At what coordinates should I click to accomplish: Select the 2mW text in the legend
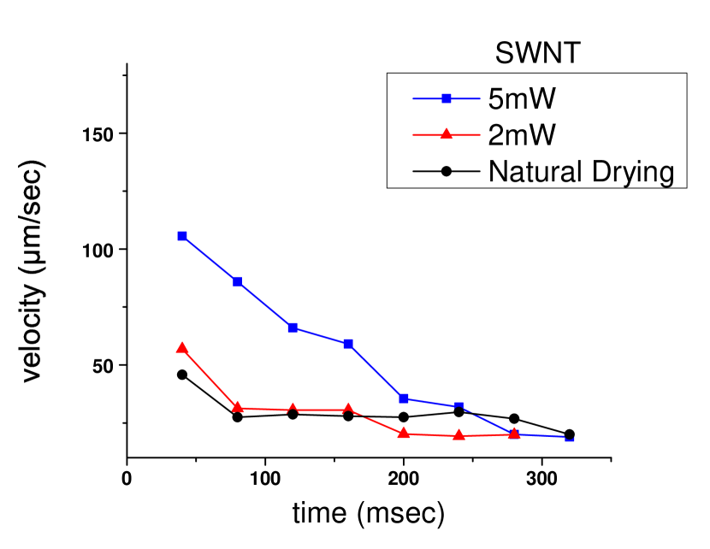(x=522, y=135)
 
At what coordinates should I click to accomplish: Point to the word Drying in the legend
(x=631, y=172)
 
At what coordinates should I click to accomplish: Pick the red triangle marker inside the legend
(x=446, y=134)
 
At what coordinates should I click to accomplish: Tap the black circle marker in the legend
(x=446, y=171)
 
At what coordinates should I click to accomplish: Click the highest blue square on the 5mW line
(x=182, y=236)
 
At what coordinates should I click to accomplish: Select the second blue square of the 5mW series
(x=237, y=281)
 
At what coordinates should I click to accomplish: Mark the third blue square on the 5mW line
(x=293, y=328)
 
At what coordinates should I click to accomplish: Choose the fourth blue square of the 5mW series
(x=348, y=343)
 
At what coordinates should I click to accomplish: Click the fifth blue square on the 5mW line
(x=403, y=398)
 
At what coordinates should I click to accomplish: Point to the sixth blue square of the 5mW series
(x=459, y=406)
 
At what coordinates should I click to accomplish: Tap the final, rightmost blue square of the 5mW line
(x=570, y=439)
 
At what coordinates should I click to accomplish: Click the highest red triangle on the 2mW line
(x=181, y=347)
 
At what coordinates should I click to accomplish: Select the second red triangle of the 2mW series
(x=237, y=407)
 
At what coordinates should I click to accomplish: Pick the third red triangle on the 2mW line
(x=293, y=409)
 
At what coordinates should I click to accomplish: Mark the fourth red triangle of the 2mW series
(x=347, y=409)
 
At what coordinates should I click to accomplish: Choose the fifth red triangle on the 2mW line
(x=403, y=433)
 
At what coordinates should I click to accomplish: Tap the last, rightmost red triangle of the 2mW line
(x=514, y=434)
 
